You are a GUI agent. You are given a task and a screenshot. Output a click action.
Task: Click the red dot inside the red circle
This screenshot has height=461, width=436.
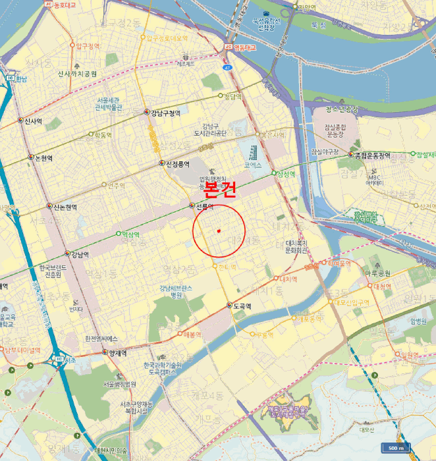click(x=218, y=230)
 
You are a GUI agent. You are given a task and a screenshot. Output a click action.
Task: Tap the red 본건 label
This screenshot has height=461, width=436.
click(x=219, y=191)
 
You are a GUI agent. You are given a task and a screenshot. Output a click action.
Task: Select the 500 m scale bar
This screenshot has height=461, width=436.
click(x=396, y=448)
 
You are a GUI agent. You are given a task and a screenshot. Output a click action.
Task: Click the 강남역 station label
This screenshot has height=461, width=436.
click(x=80, y=254)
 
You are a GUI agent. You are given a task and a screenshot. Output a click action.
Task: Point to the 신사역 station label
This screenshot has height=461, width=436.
click(x=33, y=121)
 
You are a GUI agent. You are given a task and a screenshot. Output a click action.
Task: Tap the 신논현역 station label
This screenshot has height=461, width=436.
click(x=65, y=207)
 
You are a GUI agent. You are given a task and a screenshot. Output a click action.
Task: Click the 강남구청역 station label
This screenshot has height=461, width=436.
click(x=165, y=113)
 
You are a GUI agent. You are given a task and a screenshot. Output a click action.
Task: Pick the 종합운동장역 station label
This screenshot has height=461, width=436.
click(x=373, y=156)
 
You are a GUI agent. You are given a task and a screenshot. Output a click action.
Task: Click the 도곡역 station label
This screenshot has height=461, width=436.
click(x=244, y=306)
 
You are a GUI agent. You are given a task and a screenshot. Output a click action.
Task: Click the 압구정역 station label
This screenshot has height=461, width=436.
click(x=88, y=46)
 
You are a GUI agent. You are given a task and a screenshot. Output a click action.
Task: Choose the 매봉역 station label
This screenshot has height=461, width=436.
click(x=192, y=334)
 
